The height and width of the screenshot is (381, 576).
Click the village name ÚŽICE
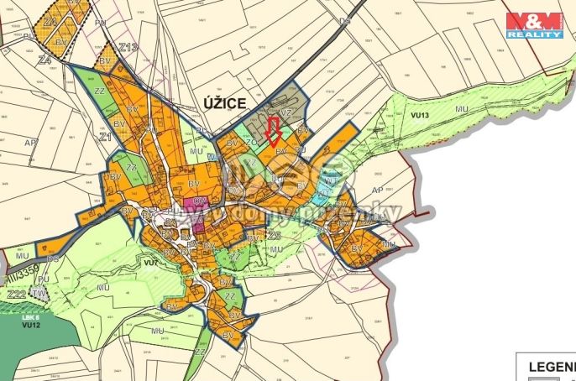pos(224,103)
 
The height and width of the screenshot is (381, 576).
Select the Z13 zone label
pos(128,48)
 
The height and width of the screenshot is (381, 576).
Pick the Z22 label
pos(15,295)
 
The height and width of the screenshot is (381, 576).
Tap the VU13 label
pos(419,114)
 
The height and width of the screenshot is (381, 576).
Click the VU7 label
pos(152,263)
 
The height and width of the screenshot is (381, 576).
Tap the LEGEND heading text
pos(550,367)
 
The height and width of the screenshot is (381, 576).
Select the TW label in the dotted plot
pos(40,294)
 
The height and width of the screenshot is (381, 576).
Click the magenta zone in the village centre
pos(197,213)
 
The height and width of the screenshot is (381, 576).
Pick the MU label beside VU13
pos(461,108)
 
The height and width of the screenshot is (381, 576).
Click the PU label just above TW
pos(44,279)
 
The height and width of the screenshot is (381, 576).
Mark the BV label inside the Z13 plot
pos(106,62)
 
